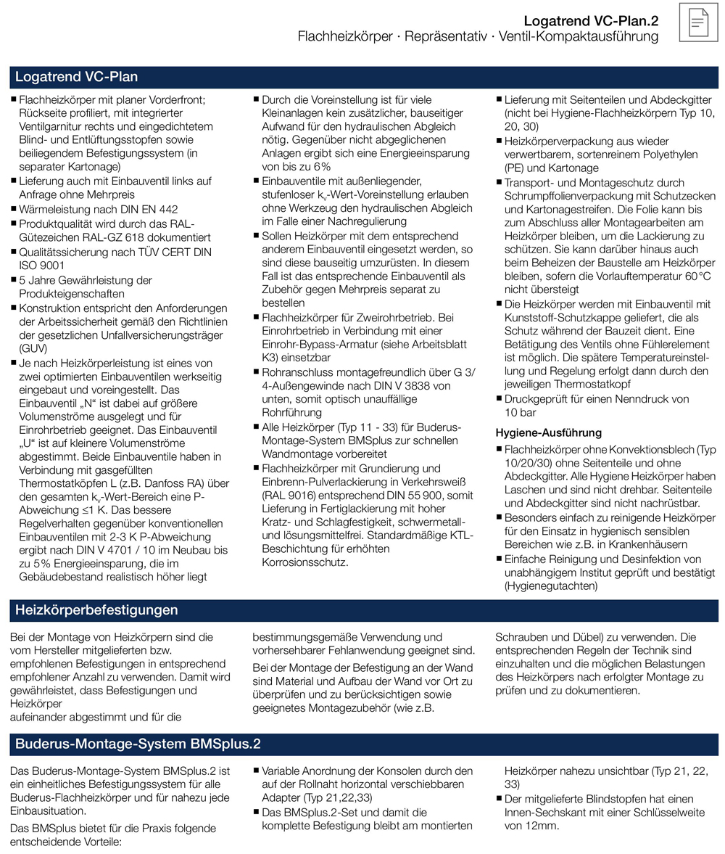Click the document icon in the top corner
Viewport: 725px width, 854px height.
tap(697, 22)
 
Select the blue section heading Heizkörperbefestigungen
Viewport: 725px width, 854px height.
tap(96, 610)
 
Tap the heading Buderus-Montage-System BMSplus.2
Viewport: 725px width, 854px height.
tap(138, 744)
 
